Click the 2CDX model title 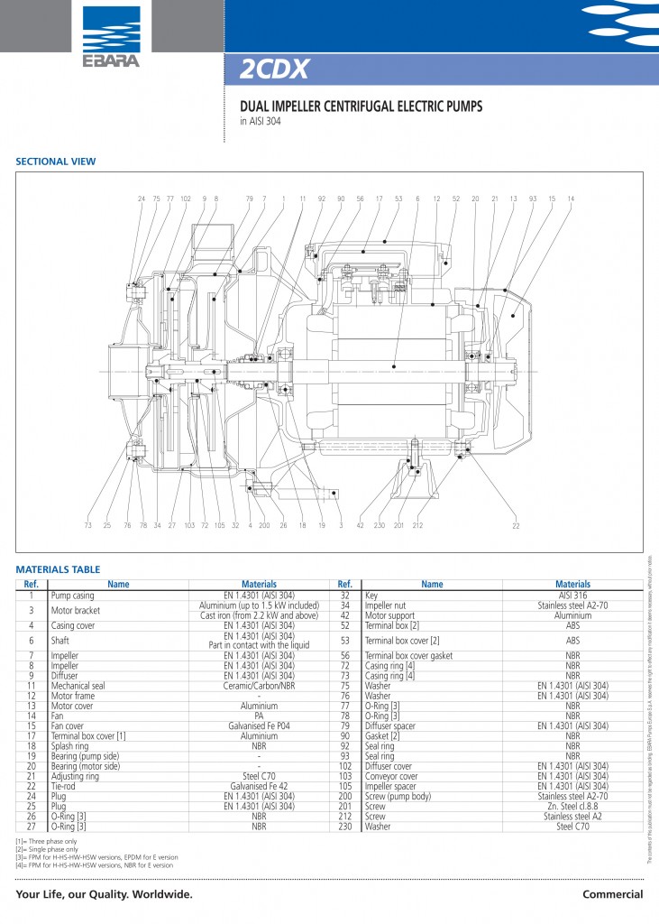point(275,69)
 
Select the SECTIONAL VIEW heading point(56,162)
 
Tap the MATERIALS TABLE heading point(58,569)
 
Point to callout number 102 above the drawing point(186,199)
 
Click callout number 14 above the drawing point(571,199)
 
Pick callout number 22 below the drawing point(516,525)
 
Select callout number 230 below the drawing point(379,525)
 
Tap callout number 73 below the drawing point(88,525)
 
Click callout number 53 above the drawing point(398,199)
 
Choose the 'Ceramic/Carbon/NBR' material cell point(259,686)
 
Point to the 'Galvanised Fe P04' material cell point(259,725)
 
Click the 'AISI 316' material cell point(572,596)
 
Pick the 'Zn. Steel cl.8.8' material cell point(572,806)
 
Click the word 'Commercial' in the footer point(612,894)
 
